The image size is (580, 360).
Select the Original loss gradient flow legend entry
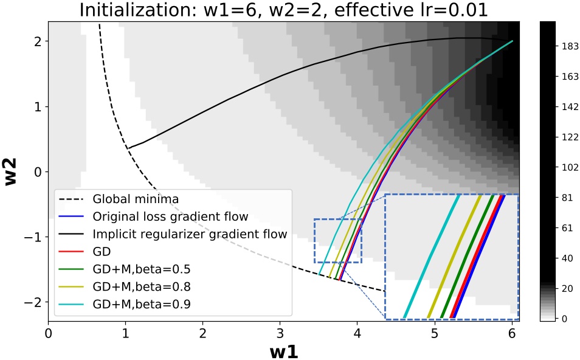tap(170, 216)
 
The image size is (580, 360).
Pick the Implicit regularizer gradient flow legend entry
tap(189, 234)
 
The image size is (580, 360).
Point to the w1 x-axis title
tap(283, 351)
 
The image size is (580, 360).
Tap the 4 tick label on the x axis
tap(357, 333)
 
